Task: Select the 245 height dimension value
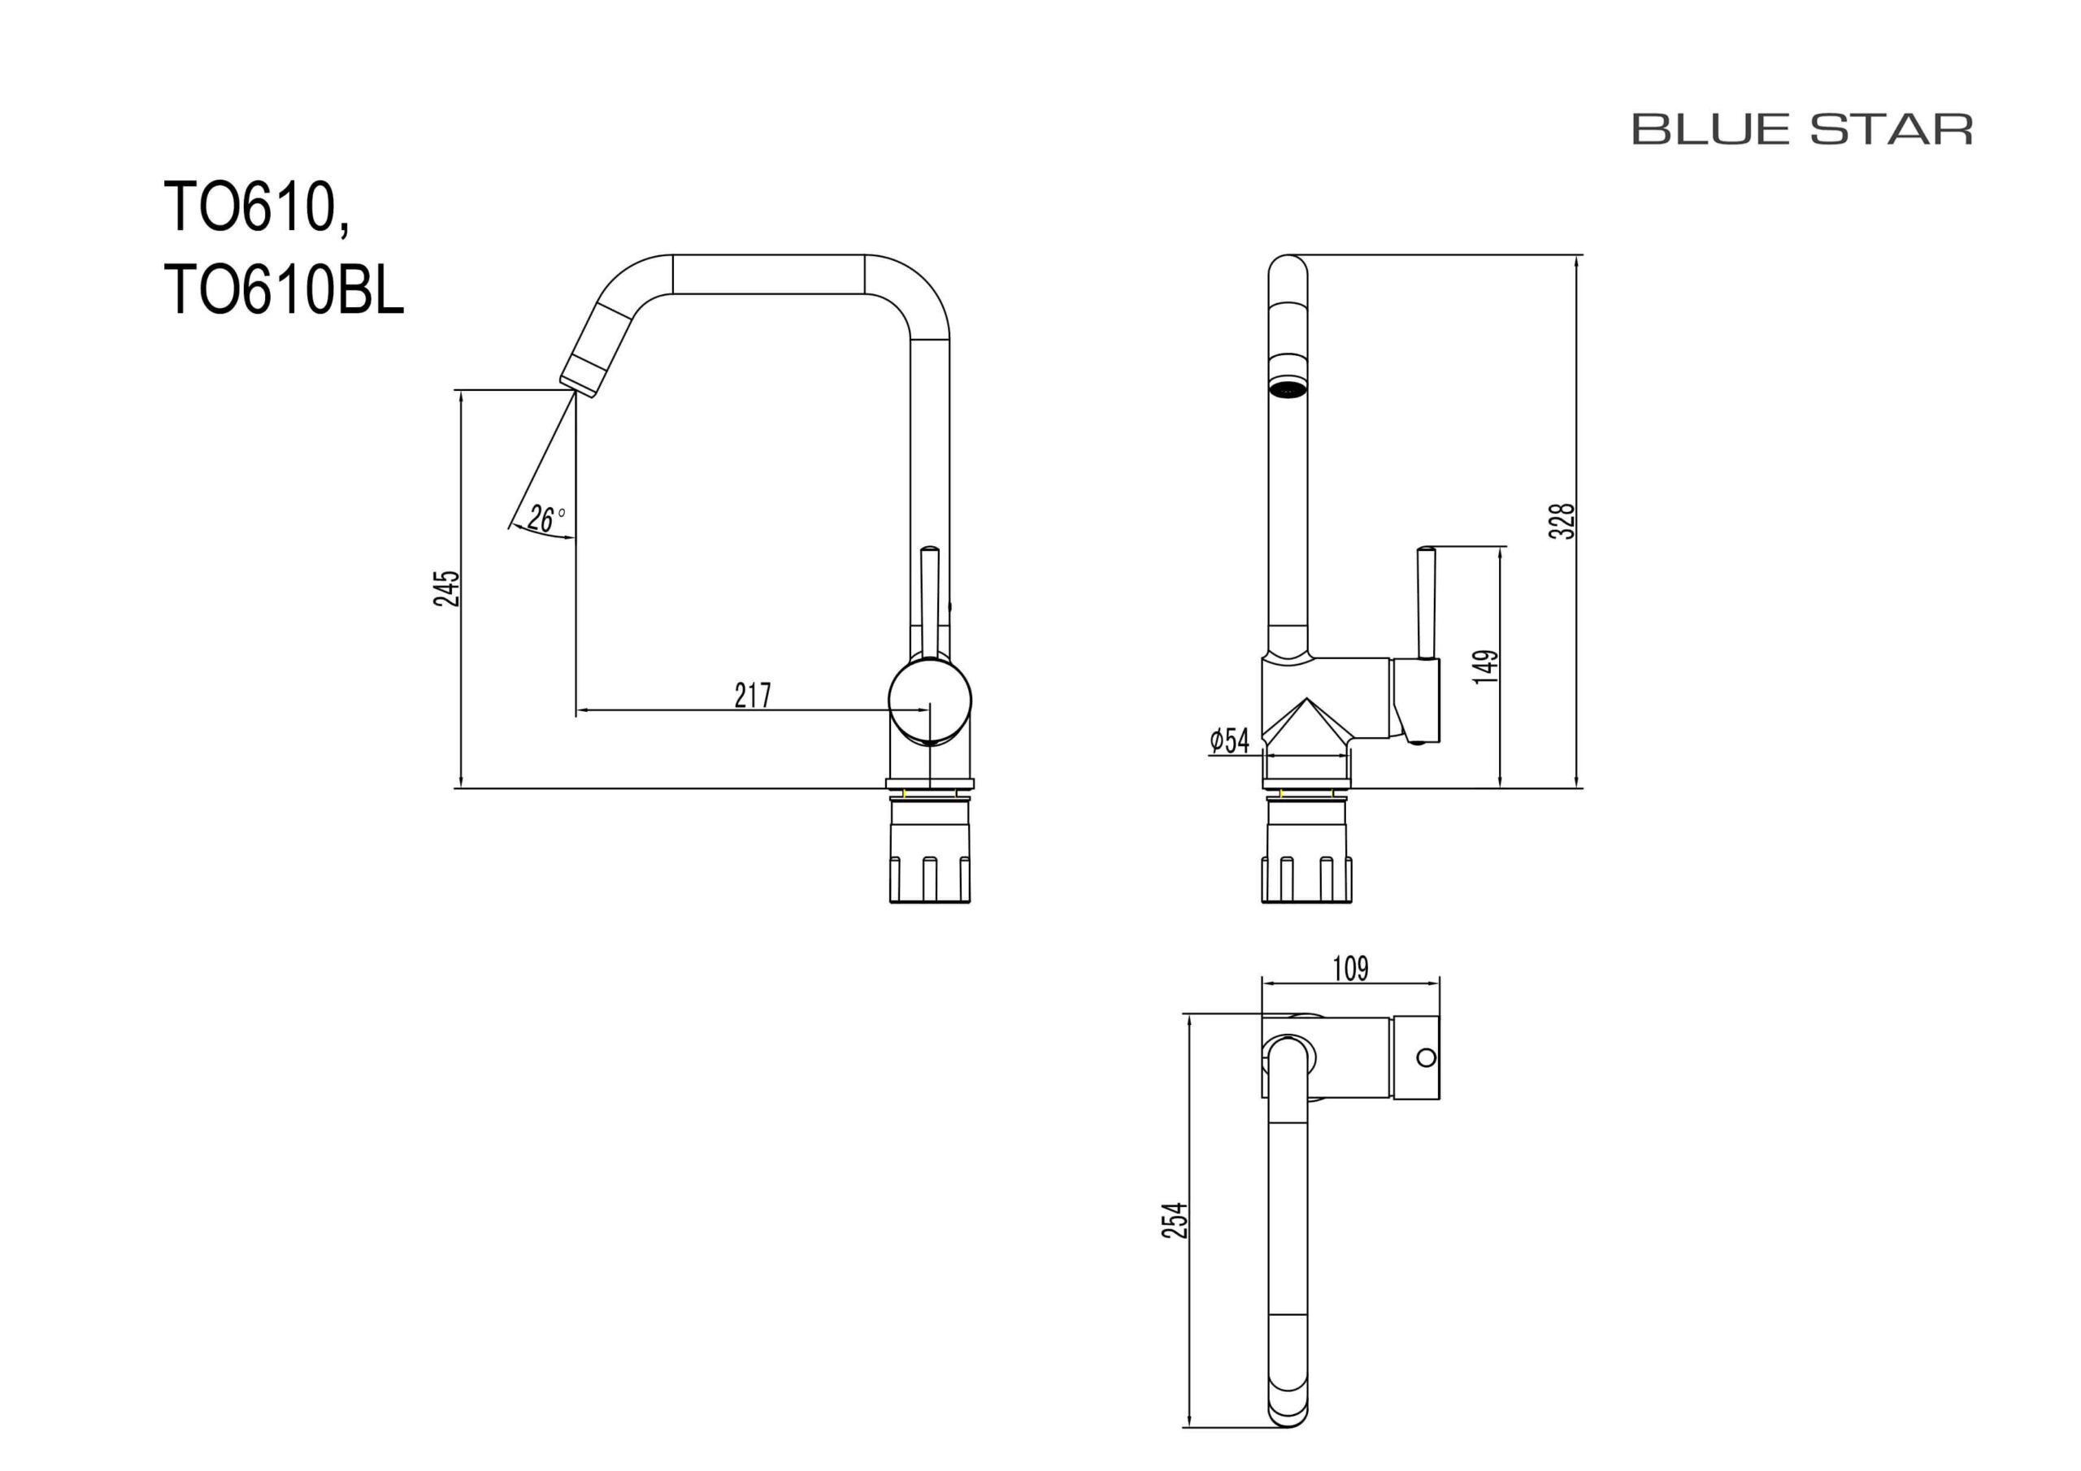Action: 447,588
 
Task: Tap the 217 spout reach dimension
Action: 752,695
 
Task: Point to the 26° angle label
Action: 545,519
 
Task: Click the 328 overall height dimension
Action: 1561,521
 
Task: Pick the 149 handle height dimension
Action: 1485,666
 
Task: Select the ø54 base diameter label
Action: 1230,740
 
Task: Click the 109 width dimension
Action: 1349,969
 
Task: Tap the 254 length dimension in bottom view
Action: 1175,1220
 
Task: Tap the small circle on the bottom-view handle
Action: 1426,1057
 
